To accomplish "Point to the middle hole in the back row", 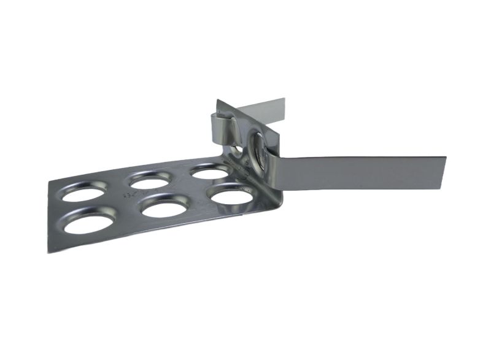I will [x=149, y=181].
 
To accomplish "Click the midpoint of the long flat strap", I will [x=362, y=172].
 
